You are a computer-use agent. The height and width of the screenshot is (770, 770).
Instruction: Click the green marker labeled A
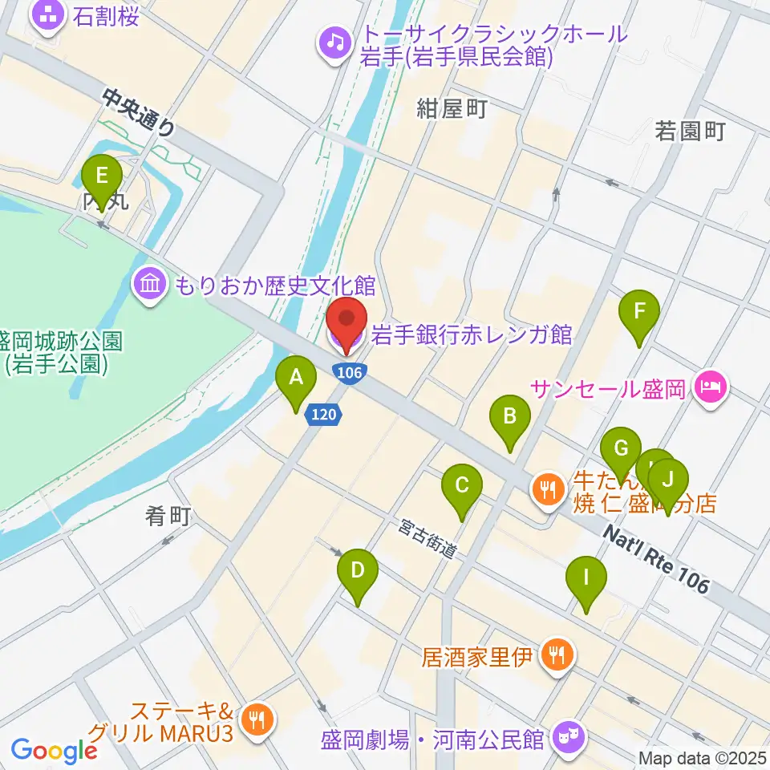pos(296,376)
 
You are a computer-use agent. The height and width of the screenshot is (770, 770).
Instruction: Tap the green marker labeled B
pos(509,416)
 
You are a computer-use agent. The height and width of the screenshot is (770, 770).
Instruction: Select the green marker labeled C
pos(462,485)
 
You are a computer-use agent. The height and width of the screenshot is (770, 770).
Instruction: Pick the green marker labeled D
pos(358,571)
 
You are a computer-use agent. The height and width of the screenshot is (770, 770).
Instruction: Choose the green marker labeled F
pos(639,310)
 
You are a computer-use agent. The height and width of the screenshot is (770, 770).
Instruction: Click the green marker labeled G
pos(621,448)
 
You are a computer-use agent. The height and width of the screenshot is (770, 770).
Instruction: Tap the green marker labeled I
pos(586,577)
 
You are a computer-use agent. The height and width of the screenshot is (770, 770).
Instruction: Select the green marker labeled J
pos(669,480)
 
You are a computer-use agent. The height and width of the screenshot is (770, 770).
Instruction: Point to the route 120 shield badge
pos(326,415)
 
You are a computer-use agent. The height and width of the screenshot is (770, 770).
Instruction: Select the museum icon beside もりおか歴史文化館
pos(150,283)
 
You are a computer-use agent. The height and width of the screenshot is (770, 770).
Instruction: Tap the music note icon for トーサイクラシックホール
pos(333,41)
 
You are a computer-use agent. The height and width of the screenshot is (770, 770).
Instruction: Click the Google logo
pos(54,751)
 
